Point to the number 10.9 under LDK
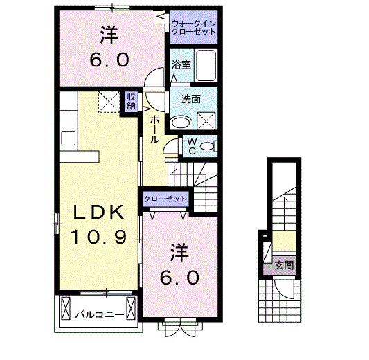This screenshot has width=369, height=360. coord(98,238)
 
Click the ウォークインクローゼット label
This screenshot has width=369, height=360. coord(194,28)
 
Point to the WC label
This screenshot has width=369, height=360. coord(192,145)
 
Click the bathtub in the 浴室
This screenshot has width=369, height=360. coord(206,66)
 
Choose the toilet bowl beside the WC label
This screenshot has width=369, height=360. coord(210,145)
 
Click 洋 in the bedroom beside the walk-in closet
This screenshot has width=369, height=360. coord(107,33)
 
